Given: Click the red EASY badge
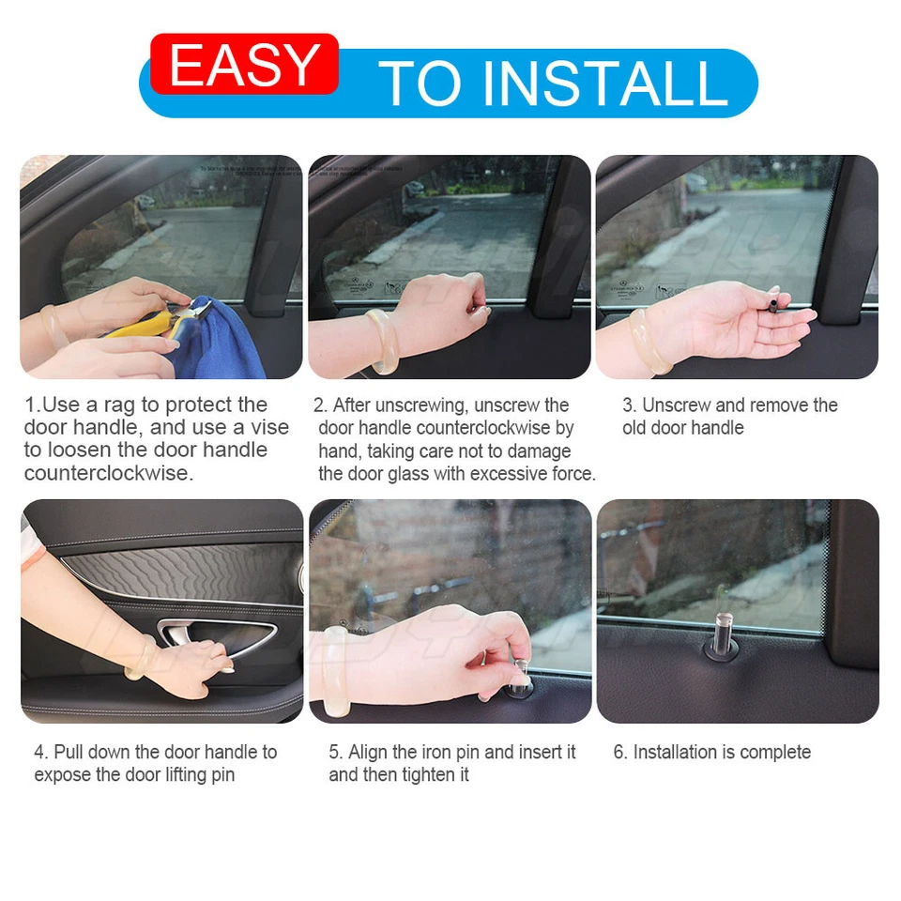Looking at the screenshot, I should coord(244,64).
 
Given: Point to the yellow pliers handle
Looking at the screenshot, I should coord(141,327).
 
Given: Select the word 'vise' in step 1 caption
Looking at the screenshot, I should coord(270,428).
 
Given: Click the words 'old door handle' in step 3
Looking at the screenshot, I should coord(682,428).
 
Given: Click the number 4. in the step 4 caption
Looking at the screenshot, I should coord(41,752).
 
